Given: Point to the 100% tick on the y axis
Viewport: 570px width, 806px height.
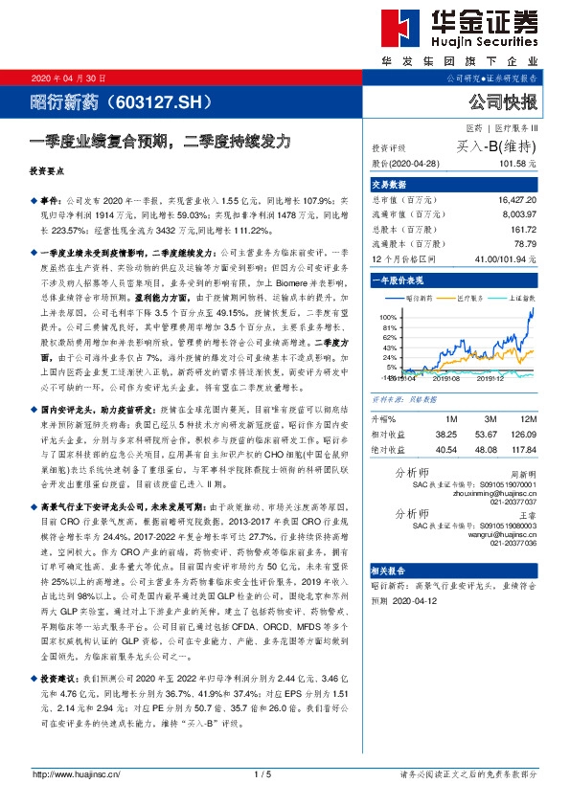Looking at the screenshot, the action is click(x=389, y=315).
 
